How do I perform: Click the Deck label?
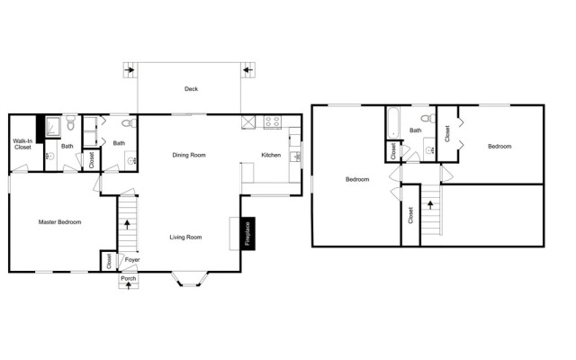pos(191,89)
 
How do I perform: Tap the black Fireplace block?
pos(247,234)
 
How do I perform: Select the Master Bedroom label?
pos(60,222)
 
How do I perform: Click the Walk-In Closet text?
pos(22,144)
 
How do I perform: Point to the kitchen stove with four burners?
pos(273,121)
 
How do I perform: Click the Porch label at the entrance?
pos(129,278)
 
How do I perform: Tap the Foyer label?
pos(132,260)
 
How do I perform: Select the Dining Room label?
pos(189,155)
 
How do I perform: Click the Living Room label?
pos(185,238)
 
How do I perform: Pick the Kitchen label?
pos(271,155)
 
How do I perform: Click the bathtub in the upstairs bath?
pos(393,122)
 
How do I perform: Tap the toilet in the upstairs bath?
pos(427,118)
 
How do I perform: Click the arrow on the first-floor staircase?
pos(127,224)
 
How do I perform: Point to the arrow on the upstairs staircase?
pos(430,204)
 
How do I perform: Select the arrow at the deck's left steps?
pos(130,69)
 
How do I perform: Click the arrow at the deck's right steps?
pos(248,69)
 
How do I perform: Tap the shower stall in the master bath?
pos(53,127)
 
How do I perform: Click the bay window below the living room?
pos(190,279)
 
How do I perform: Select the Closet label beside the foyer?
pos(109,261)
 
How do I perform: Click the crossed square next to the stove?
pos(248,122)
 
